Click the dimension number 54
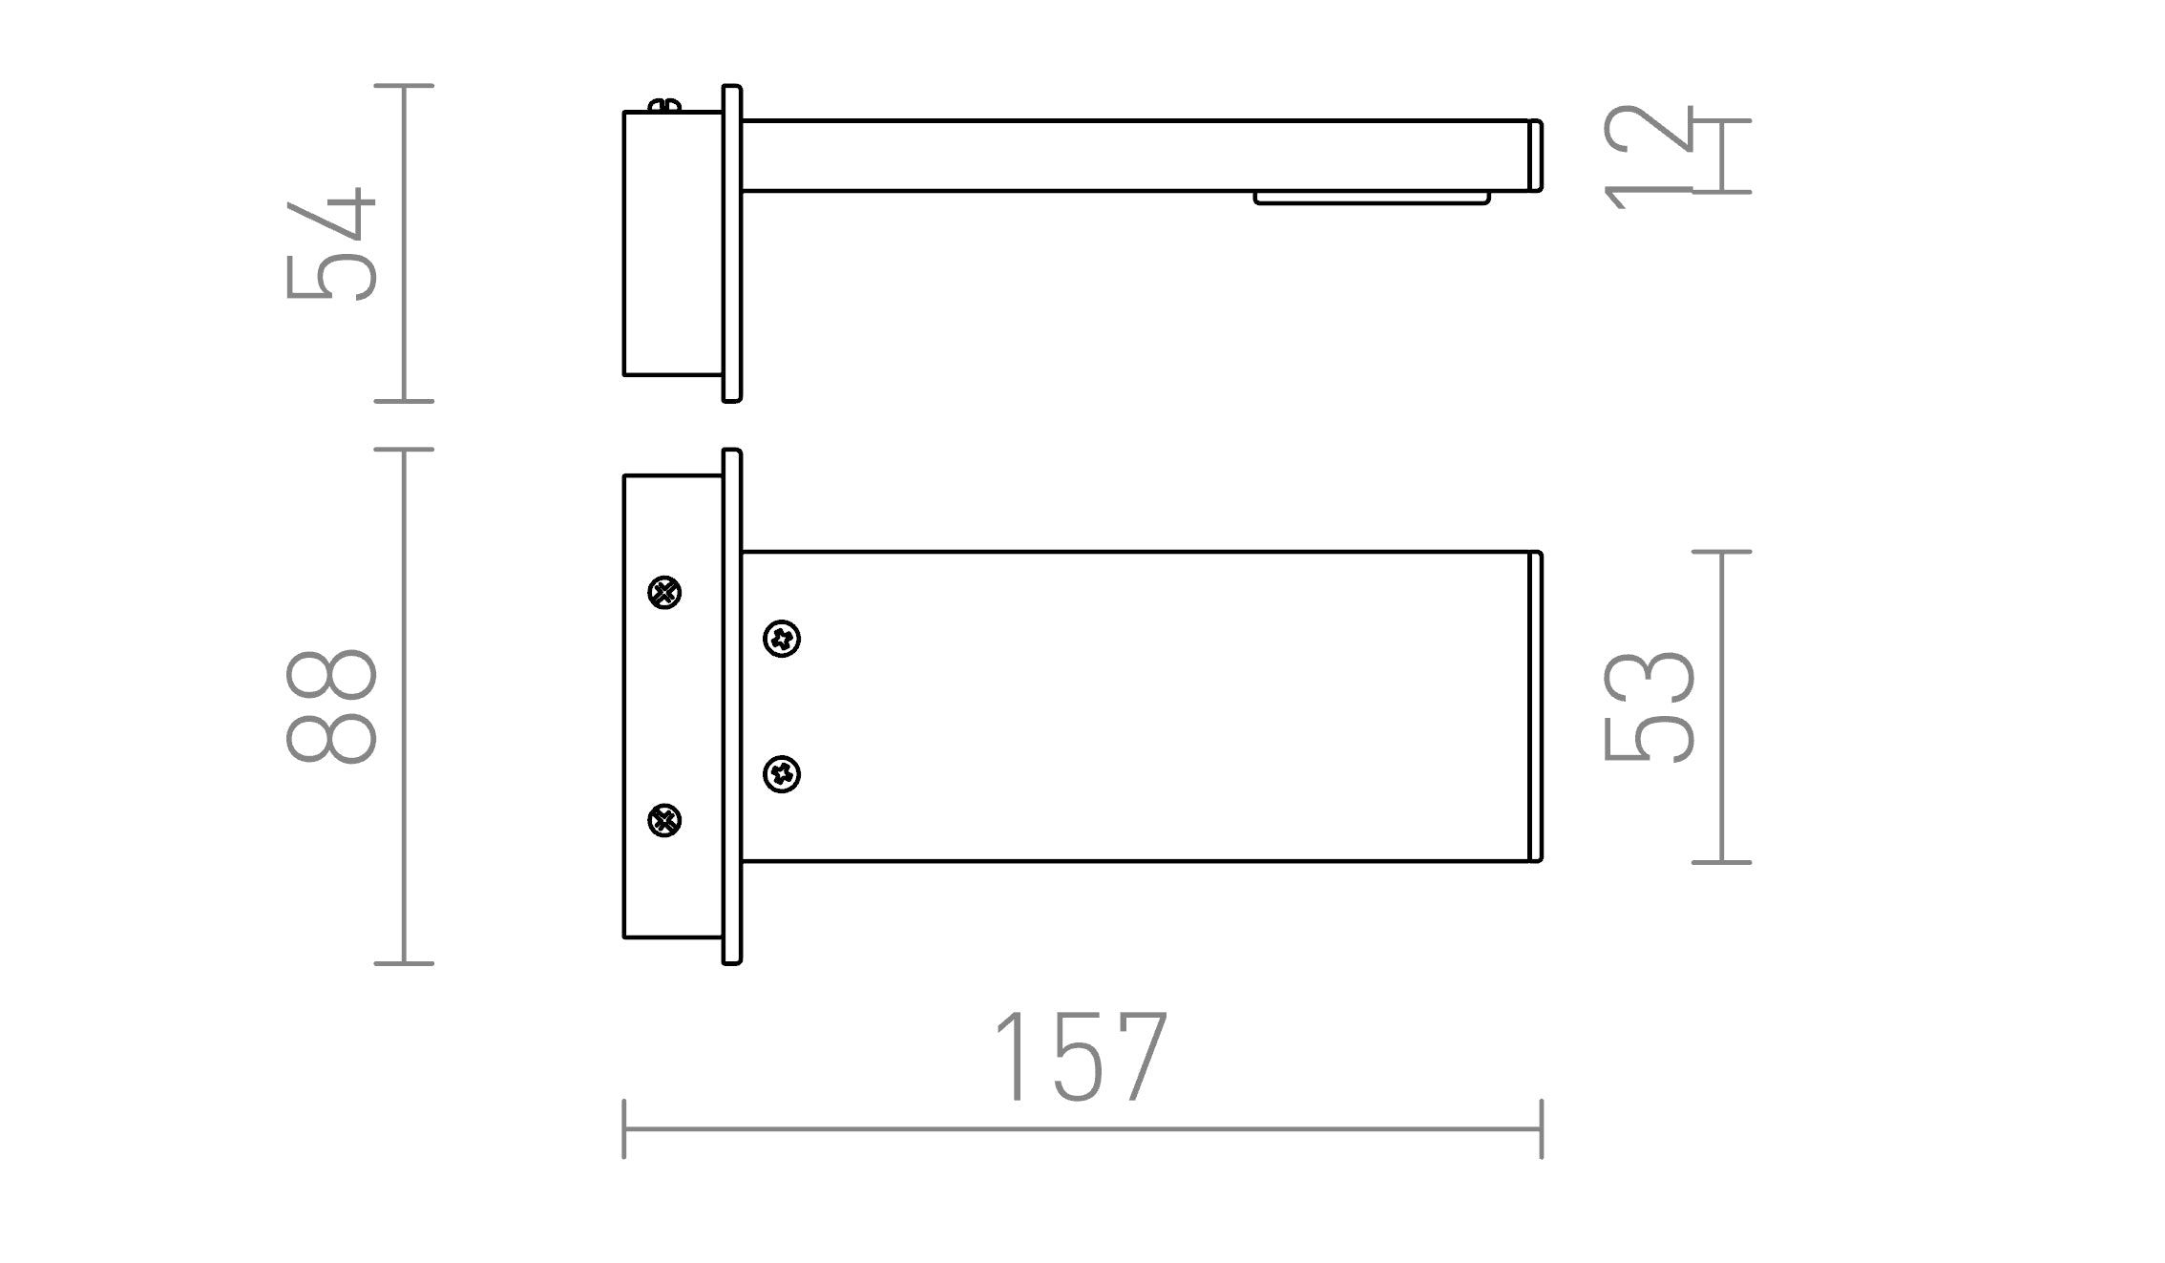[x=331, y=244]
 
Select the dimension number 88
[x=331, y=706]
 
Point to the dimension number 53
[x=1649, y=706]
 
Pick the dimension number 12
[x=1649, y=156]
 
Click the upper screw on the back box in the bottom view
[x=664, y=593]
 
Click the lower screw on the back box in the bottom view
[x=664, y=820]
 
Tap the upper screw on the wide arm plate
[x=782, y=639]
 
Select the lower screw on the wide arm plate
[x=782, y=774]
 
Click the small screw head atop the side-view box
[x=665, y=105]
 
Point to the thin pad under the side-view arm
[x=1372, y=198]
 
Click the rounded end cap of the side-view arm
[x=1536, y=156]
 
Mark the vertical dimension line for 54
[x=404, y=244]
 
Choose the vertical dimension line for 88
[x=404, y=706]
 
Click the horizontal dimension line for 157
[x=1082, y=1129]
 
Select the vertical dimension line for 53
[x=1721, y=706]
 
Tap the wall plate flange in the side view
[x=732, y=244]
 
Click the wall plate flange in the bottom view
[x=732, y=706]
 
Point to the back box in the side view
[x=672, y=244]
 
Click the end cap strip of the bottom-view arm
[x=1536, y=706]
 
